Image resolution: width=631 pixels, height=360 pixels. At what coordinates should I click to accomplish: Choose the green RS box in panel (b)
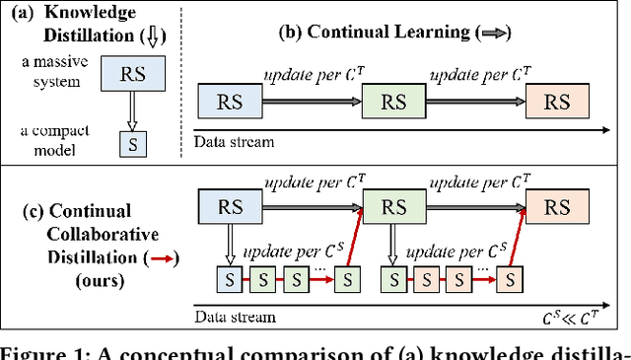pyautogui.click(x=393, y=101)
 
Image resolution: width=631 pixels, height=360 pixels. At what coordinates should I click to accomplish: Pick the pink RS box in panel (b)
pyautogui.click(x=559, y=101)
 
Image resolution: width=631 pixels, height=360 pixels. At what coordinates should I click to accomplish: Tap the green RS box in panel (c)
pyautogui.click(x=393, y=207)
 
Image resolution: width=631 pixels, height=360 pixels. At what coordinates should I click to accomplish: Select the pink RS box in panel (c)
pyautogui.click(x=559, y=207)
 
